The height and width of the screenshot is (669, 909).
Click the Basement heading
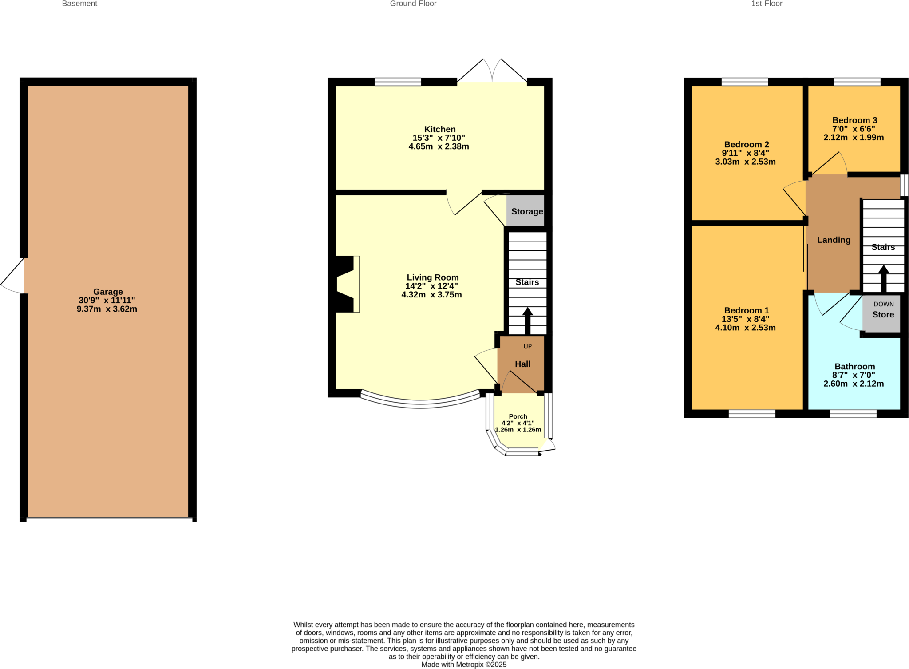(x=79, y=4)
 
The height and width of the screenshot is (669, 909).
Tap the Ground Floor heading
(x=413, y=4)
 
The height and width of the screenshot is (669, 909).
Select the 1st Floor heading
(x=767, y=4)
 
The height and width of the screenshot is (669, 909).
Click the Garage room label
(x=108, y=292)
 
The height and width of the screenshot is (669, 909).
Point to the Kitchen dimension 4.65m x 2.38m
(x=439, y=146)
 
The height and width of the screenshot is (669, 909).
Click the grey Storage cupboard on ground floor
(x=526, y=211)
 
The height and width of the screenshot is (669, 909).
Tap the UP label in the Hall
(x=527, y=346)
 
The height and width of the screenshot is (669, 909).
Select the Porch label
(x=518, y=416)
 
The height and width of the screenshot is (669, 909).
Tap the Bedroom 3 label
(x=854, y=120)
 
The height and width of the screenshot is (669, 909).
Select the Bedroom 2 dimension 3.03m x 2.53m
(x=745, y=162)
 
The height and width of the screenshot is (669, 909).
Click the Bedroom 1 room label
(x=746, y=310)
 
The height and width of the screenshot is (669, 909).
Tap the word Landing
(x=834, y=240)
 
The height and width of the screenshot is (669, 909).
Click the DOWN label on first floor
(x=883, y=304)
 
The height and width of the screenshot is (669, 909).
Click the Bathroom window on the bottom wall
(x=853, y=414)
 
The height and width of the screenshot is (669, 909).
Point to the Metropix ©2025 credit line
(x=463, y=665)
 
